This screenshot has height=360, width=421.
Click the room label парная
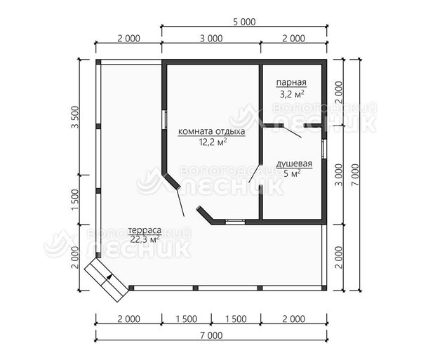(x=291, y=82)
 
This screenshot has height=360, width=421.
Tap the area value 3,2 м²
(x=292, y=94)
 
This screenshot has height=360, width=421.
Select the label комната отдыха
(x=212, y=131)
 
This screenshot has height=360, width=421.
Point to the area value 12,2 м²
(x=213, y=142)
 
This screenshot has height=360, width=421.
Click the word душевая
(x=294, y=164)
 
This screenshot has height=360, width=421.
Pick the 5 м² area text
(x=292, y=174)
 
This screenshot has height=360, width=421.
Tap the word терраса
(x=145, y=230)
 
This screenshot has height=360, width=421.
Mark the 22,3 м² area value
(x=145, y=239)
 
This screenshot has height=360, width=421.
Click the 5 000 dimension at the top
(x=244, y=22)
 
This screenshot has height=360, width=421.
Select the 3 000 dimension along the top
(x=211, y=39)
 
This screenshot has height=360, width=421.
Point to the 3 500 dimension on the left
(x=75, y=117)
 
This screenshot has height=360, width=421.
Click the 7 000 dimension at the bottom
(x=211, y=335)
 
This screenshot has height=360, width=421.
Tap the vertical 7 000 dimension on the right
(x=355, y=175)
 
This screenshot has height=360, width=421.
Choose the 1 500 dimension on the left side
(x=75, y=200)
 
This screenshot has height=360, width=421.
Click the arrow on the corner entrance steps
(x=107, y=280)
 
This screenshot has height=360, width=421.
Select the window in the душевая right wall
(x=323, y=149)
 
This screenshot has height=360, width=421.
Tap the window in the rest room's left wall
(x=165, y=120)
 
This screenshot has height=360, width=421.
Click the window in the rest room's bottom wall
(x=235, y=222)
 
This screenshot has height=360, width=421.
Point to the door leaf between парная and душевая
(x=293, y=131)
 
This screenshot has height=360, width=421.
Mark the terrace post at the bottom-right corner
(x=324, y=288)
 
